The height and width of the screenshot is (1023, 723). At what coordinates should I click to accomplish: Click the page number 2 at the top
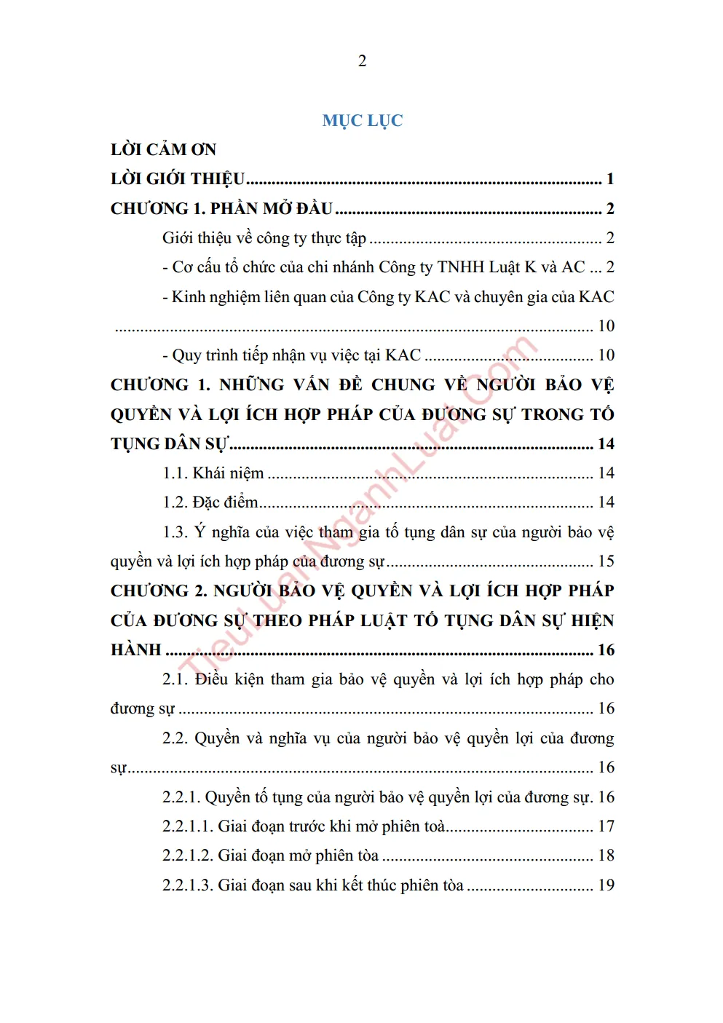click(x=362, y=61)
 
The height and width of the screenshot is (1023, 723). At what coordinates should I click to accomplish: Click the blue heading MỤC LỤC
click(x=362, y=121)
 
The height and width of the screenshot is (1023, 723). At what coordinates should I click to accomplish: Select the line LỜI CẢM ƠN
click(x=163, y=150)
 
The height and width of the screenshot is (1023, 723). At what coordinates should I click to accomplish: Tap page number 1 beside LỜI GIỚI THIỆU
click(x=610, y=179)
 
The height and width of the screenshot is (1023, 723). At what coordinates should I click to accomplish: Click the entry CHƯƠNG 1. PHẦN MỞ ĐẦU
click(x=221, y=209)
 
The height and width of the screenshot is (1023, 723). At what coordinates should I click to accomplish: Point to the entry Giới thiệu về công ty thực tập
click(x=264, y=238)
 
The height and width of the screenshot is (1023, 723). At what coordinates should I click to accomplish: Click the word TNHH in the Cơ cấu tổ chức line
click(x=460, y=267)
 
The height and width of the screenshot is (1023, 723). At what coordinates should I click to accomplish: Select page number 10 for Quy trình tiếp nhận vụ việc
click(x=606, y=355)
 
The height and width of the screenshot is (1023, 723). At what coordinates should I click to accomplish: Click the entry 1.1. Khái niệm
click(x=213, y=473)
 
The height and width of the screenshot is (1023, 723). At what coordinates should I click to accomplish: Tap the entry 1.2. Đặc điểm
click(x=210, y=502)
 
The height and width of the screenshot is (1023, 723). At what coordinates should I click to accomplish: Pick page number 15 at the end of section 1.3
click(x=606, y=561)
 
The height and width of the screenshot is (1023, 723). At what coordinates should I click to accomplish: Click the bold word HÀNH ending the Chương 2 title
click(x=135, y=650)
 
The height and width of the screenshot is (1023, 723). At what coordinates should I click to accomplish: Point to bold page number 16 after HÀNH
click(x=606, y=650)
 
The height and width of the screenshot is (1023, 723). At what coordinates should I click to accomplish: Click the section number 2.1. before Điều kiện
click(x=175, y=680)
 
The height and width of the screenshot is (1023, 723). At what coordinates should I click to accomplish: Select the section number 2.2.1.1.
click(x=187, y=826)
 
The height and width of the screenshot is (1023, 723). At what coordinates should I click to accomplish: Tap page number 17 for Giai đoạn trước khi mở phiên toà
click(x=606, y=826)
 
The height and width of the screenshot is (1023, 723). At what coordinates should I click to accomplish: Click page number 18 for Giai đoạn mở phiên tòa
click(x=606, y=856)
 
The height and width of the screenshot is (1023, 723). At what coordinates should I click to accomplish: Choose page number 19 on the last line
click(x=606, y=885)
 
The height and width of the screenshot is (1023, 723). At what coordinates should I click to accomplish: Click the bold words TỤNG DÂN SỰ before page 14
click(x=169, y=444)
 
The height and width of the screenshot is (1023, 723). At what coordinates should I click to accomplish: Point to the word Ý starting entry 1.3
click(x=199, y=532)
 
